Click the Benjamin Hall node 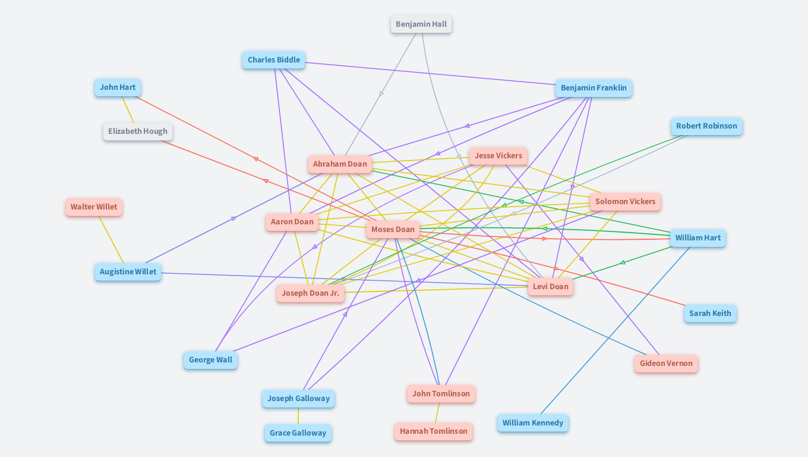pos(421,24)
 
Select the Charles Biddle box pos(273,60)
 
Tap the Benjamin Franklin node pos(594,88)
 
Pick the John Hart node pos(118,87)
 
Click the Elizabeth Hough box pos(138,132)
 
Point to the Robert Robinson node pos(706,126)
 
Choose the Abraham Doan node pos(340,164)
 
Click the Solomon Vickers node pos(625,202)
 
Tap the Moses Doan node pos(393,230)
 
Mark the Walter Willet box pos(94,207)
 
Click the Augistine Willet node pos(128,272)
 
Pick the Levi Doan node pos(550,287)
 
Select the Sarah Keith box pos(710,314)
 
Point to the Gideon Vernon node pos(666,364)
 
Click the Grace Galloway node pos(298,433)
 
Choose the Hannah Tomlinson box pos(433,431)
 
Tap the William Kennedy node pos(532,423)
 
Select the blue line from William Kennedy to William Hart pos(615,330)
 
